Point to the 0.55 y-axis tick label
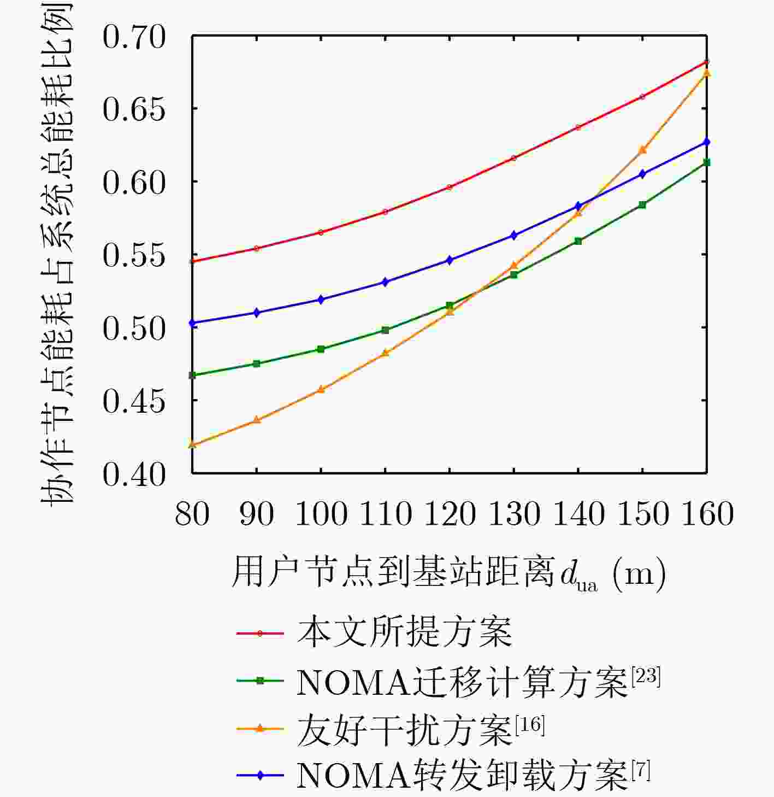(133, 255)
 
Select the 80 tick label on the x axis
(192, 514)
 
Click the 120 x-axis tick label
(450, 514)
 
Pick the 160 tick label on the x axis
(707, 514)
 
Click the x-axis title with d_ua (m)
(448, 574)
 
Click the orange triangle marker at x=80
(192, 444)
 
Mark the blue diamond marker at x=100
(321, 300)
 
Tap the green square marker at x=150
(642, 204)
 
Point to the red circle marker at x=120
(450, 187)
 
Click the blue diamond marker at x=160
(707, 142)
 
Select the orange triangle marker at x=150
(642, 149)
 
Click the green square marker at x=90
(257, 364)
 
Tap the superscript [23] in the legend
(646, 677)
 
